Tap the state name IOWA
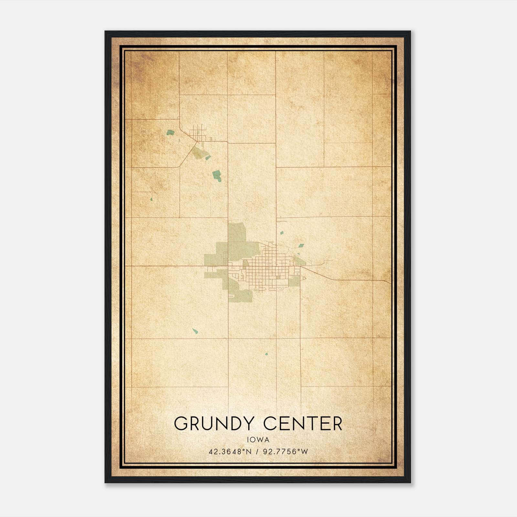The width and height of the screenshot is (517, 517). pos(258,440)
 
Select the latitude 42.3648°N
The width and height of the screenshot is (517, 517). pos(230,451)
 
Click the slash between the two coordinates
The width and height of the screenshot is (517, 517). pos(257,451)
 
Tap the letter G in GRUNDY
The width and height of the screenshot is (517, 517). pos(182,424)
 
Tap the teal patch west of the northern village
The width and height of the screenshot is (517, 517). pos(170,132)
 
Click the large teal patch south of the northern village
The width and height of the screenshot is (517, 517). pos(216,175)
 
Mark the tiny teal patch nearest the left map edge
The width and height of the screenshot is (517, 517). pos(152,200)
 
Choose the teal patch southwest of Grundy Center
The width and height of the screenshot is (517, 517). pos(195,331)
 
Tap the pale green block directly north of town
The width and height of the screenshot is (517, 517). pos(237,232)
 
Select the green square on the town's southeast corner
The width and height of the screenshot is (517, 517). pos(294,282)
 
